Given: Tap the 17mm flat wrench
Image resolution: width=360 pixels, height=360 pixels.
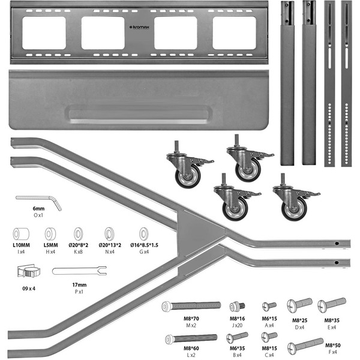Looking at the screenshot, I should pyautogui.click(x=78, y=271).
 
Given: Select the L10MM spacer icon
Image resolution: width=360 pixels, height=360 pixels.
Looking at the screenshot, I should pyautogui.click(x=22, y=233).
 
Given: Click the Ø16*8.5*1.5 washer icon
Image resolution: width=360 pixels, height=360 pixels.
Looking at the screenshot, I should pyautogui.click(x=144, y=233).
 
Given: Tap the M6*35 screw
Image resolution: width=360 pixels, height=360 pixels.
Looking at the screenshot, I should pyautogui.click(x=238, y=337).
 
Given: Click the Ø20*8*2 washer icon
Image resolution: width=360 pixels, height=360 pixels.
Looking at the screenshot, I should pyautogui.click(x=79, y=233).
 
